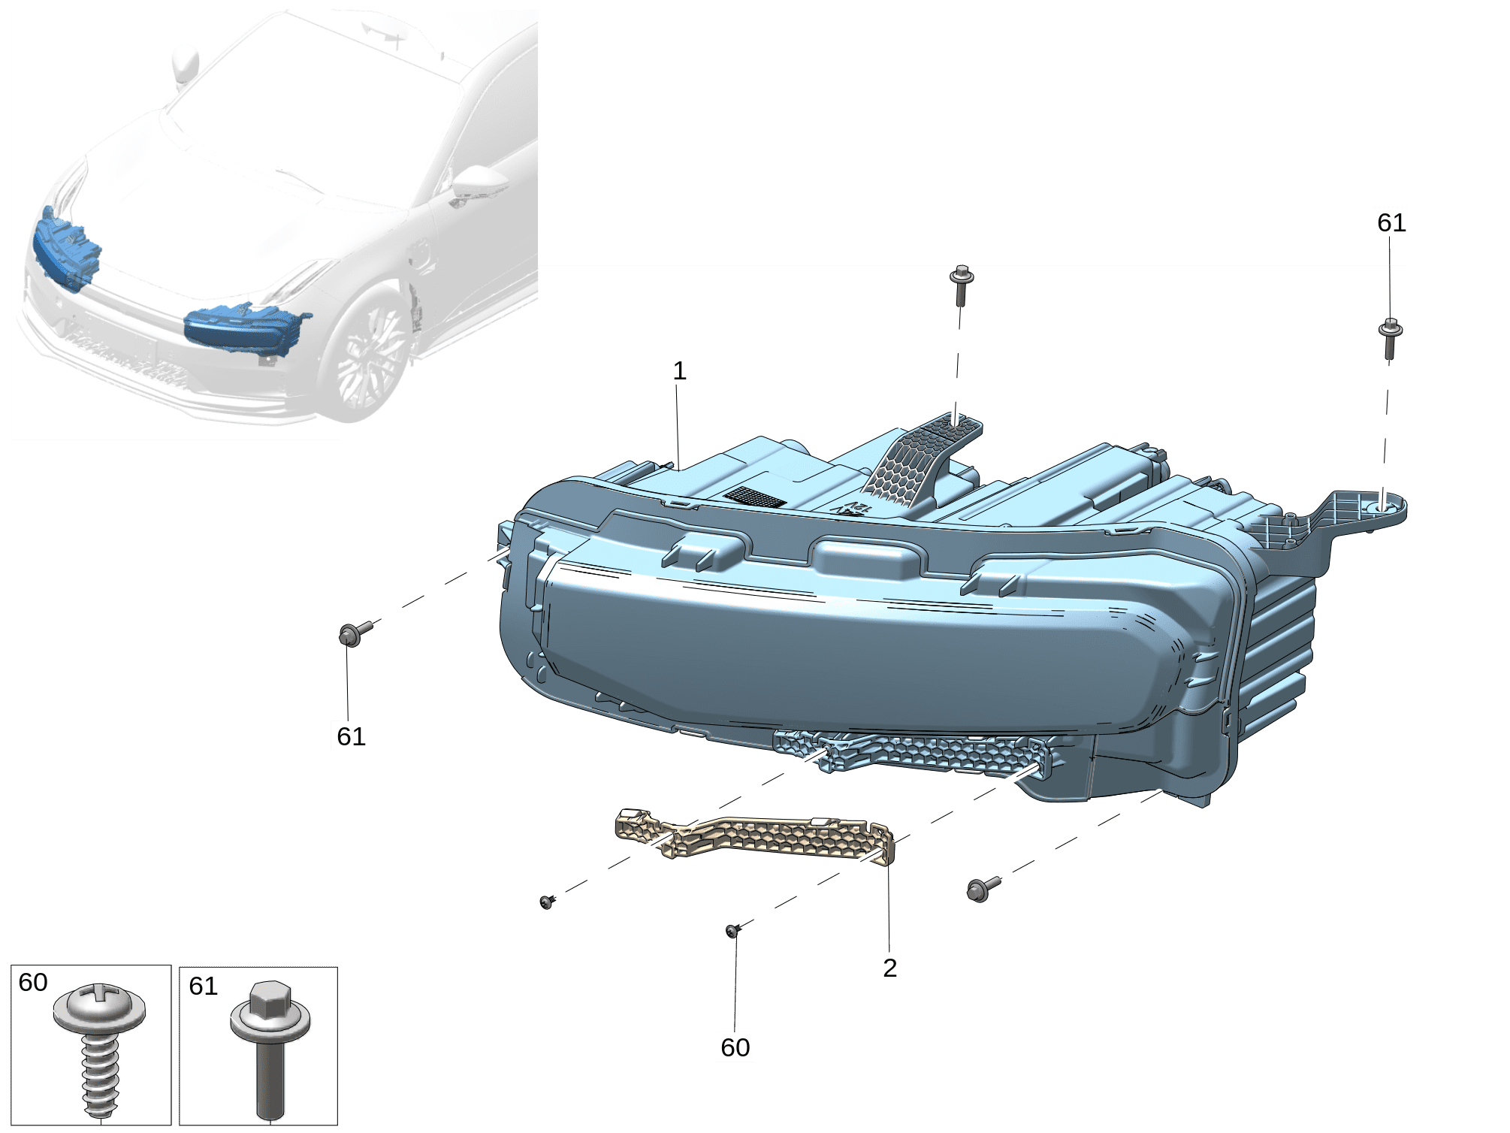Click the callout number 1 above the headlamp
tap(679, 371)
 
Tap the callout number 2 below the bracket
tap(890, 968)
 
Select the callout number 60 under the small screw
tap(735, 1048)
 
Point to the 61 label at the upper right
tap(1391, 223)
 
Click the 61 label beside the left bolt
tap(351, 737)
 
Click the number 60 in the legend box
tap(33, 983)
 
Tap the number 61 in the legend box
tap(203, 986)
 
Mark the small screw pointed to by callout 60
tap(734, 930)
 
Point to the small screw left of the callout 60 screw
tap(548, 901)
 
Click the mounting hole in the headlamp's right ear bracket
tap(1383, 508)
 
